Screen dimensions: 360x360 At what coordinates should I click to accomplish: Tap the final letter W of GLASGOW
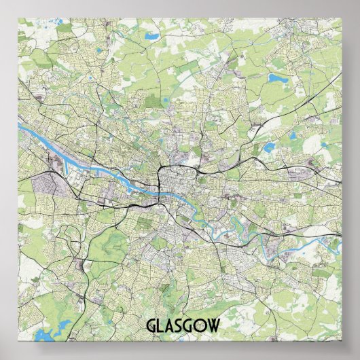coord(215,325)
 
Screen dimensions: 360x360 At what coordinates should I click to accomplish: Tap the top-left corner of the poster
coord(18,19)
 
